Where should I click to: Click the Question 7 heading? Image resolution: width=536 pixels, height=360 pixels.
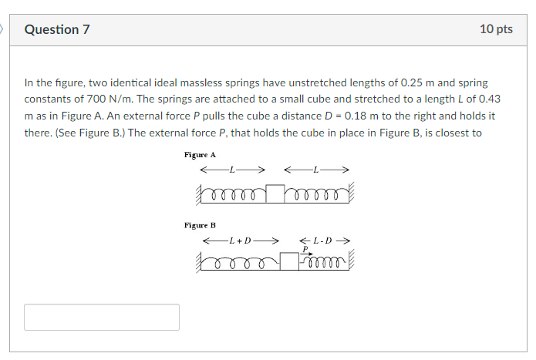tap(57, 29)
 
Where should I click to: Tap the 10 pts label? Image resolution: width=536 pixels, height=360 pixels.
tap(496, 29)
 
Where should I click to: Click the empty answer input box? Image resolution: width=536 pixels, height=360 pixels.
tap(102, 317)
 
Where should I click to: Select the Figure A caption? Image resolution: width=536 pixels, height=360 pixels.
tap(200, 155)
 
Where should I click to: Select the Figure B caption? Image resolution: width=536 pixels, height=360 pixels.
tap(200, 225)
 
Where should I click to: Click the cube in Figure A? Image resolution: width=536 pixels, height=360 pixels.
tap(275, 193)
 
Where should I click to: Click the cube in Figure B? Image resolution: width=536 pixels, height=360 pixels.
tap(289, 261)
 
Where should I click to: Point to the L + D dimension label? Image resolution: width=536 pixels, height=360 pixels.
tap(241, 241)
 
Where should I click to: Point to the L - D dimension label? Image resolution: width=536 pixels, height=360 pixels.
tap(322, 241)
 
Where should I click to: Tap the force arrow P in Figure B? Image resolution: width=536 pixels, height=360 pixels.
tap(306, 254)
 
